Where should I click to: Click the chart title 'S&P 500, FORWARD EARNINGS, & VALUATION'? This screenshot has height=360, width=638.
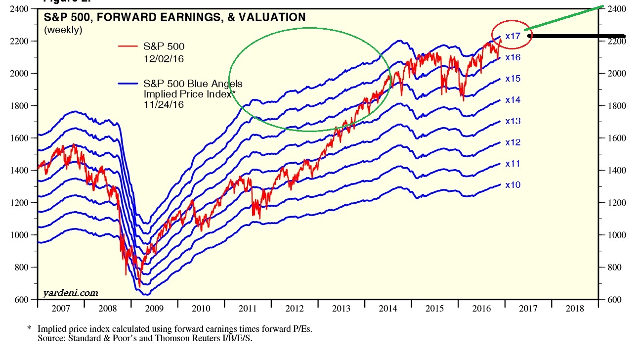[175, 18]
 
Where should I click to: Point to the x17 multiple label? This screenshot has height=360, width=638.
[513, 36]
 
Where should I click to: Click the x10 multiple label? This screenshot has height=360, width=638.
[513, 185]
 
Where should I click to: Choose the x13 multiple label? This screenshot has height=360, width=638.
[513, 121]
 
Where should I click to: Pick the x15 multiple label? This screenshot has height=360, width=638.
[513, 79]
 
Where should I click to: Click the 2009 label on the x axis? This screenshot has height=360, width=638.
[154, 308]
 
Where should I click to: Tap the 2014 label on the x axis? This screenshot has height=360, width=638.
[388, 308]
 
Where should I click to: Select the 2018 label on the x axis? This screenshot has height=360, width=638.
[574, 308]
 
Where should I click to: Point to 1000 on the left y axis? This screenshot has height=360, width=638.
[23, 235]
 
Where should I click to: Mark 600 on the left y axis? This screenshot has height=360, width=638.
[25, 300]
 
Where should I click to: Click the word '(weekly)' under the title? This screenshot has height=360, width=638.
[63, 30]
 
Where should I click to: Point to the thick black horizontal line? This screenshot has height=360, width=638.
[577, 36]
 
